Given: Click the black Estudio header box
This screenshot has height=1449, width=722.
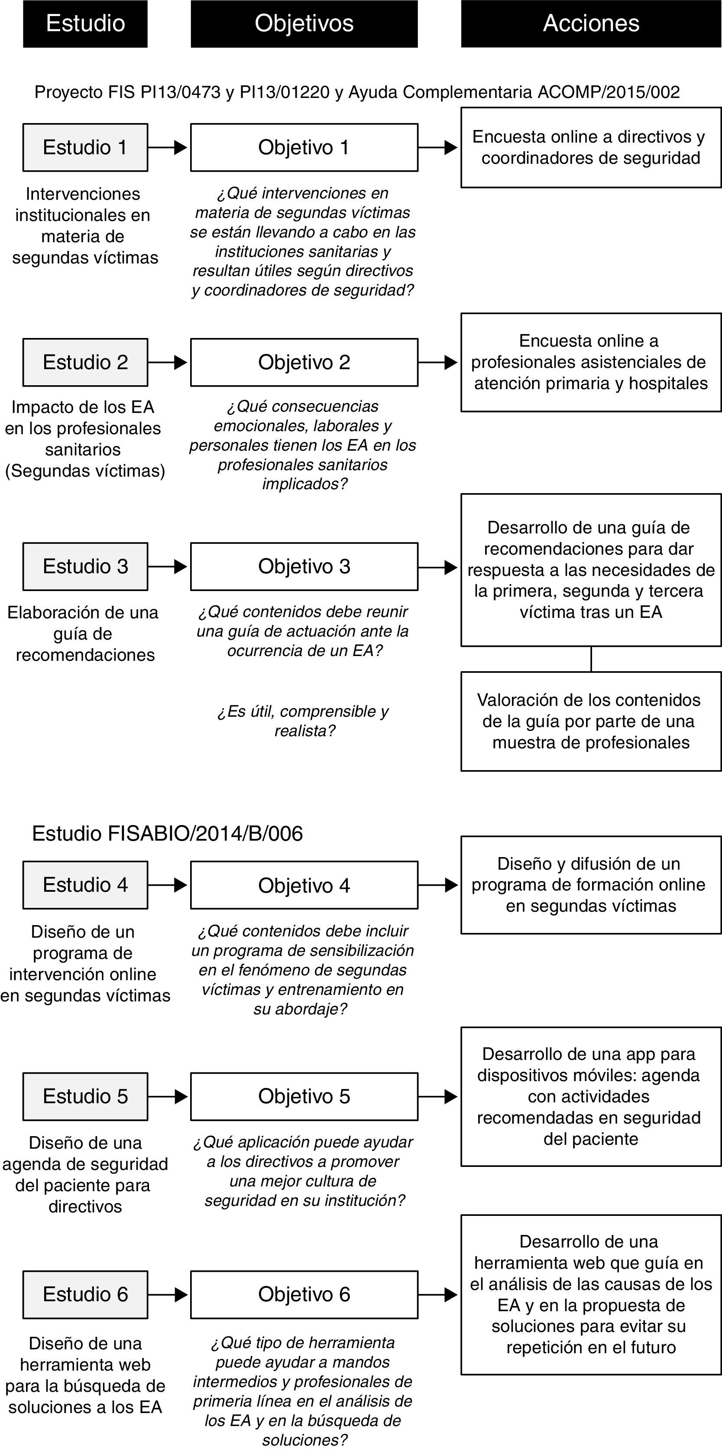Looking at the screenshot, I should (x=85, y=24).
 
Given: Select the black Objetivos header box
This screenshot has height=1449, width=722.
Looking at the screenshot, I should (x=304, y=24).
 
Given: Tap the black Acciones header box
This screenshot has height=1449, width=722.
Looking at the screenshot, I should (x=590, y=24).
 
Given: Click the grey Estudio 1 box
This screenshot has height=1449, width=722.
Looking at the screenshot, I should (x=85, y=147).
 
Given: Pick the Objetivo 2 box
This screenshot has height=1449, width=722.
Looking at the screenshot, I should (x=304, y=362).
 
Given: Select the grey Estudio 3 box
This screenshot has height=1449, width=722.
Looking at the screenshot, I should (x=85, y=566).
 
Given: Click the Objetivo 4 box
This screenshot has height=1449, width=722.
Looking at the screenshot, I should (x=304, y=885).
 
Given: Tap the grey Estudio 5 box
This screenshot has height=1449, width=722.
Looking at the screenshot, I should (x=85, y=1096).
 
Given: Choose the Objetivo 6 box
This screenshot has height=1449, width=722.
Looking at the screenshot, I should (x=304, y=1294).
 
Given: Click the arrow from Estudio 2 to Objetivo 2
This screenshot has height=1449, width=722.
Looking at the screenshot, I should (x=168, y=362).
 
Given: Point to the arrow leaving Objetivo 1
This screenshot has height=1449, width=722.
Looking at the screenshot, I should (x=438, y=147).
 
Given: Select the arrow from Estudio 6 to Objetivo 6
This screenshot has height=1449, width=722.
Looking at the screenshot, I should (x=168, y=1294).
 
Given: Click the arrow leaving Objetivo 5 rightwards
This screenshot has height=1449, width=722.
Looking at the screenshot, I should (x=438, y=1096).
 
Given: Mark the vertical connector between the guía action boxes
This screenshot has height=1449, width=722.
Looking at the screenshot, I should (x=591, y=659).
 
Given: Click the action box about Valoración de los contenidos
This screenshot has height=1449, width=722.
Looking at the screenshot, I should (x=590, y=721).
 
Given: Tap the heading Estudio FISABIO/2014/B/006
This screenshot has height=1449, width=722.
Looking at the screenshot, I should (x=167, y=834).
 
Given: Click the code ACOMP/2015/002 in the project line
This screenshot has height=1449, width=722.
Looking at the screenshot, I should (x=609, y=92).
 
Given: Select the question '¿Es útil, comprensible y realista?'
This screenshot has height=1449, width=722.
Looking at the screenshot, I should (x=304, y=721).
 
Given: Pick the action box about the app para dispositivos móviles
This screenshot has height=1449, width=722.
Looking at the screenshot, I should (x=590, y=1096).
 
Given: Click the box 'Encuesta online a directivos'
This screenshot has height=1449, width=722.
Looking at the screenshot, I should (x=590, y=147).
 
